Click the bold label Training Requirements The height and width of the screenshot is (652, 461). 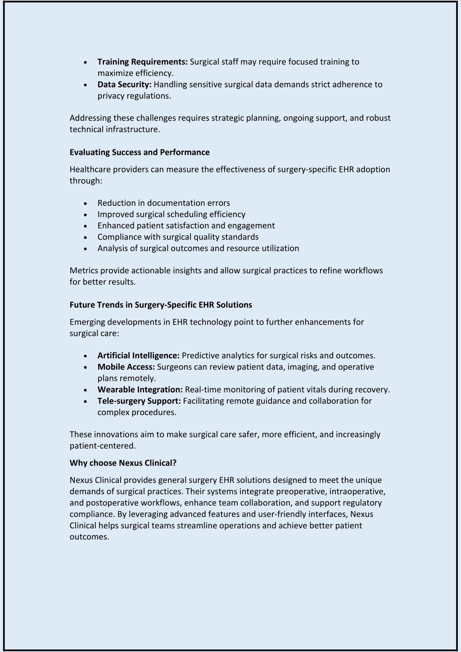(142, 62)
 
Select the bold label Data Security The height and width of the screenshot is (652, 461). (124, 84)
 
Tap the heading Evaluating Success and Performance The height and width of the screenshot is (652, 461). (140, 152)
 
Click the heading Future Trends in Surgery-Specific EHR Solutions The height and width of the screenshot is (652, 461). (161, 305)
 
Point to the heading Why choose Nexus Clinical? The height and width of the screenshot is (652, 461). (123, 463)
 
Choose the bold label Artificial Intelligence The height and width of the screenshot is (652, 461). (138, 356)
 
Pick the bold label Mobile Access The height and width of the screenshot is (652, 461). (126, 367)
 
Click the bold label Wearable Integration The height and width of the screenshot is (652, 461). (140, 389)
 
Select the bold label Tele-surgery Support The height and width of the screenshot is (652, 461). (139, 401)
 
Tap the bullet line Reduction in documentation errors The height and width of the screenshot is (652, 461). (163, 203)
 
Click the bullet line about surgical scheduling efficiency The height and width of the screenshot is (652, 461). (171, 214)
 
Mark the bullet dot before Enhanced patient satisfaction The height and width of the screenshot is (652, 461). (86, 226)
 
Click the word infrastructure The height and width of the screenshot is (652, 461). (133, 130)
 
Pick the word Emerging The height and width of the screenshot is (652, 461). (87, 322)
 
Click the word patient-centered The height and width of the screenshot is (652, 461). (102, 446)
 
